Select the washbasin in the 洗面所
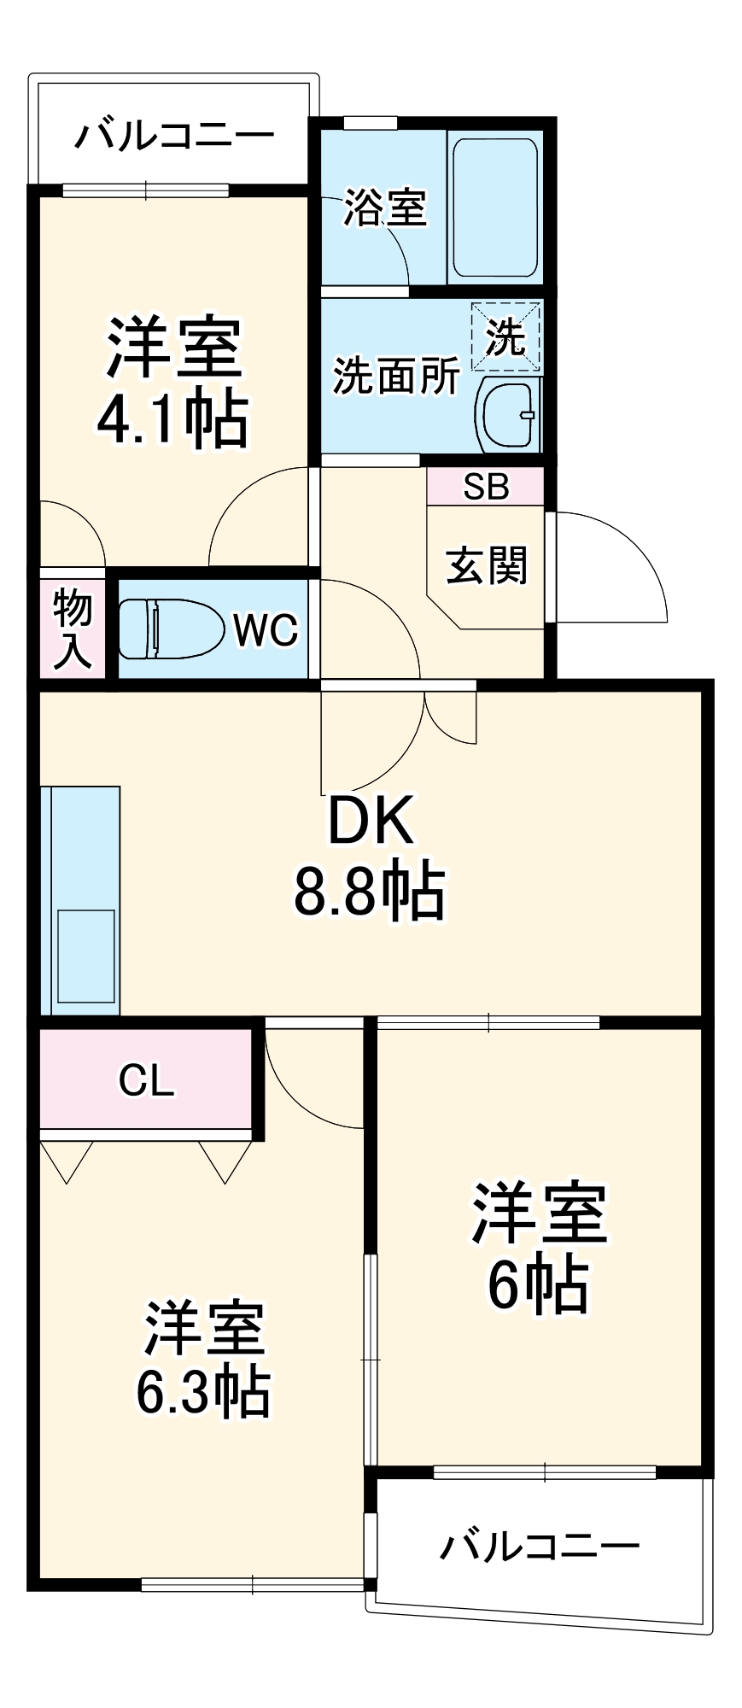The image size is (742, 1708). [x=507, y=414]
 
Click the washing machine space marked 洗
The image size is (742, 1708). [x=505, y=336]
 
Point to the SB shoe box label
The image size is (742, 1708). [x=486, y=487]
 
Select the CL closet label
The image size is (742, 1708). [x=146, y=1080]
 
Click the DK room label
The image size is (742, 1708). [x=371, y=821]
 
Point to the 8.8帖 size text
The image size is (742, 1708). [x=369, y=892]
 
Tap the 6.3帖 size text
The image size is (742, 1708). [x=203, y=1392]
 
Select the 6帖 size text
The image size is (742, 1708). [x=538, y=1285]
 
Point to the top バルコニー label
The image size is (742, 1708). [x=174, y=136]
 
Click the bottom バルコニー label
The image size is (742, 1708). [x=540, y=1546]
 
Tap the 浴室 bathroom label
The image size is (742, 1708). [x=384, y=208]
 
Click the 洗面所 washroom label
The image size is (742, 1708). [x=396, y=376]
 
